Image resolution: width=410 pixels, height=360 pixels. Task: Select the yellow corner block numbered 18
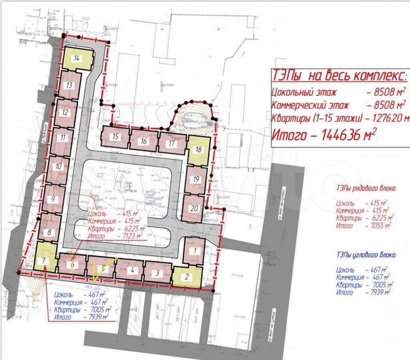pyautogui.click(x=198, y=149)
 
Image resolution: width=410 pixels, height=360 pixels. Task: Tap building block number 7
pyautogui.click(x=44, y=259)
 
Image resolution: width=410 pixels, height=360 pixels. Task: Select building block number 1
pyautogui.click(x=195, y=250)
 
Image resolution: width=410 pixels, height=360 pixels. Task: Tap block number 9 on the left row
pyautogui.click(x=52, y=199)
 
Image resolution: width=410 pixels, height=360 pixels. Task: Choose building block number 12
pyautogui.click(x=64, y=113)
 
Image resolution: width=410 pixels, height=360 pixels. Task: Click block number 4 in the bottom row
pyautogui.click(x=133, y=270)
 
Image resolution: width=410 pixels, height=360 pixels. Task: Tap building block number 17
pyautogui.click(x=172, y=143)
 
